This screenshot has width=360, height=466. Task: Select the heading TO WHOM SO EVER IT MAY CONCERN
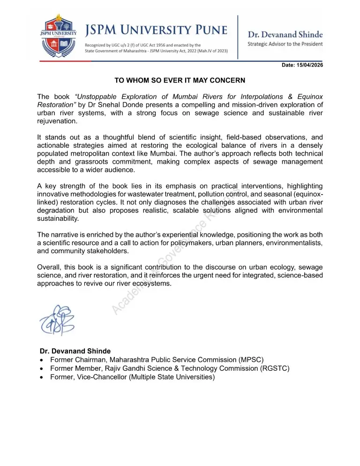click(x=180, y=80)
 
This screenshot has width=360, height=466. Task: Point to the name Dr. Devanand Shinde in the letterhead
click(x=285, y=34)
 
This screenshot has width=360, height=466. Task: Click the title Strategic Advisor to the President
click(x=285, y=44)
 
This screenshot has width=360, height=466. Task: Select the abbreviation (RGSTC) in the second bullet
click(x=274, y=368)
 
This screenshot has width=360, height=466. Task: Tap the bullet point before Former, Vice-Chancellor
click(x=43, y=377)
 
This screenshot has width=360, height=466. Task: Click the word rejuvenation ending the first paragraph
click(x=57, y=121)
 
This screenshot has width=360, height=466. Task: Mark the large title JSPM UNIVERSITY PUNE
click(x=157, y=31)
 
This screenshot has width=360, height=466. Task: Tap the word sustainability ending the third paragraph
click(x=58, y=218)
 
